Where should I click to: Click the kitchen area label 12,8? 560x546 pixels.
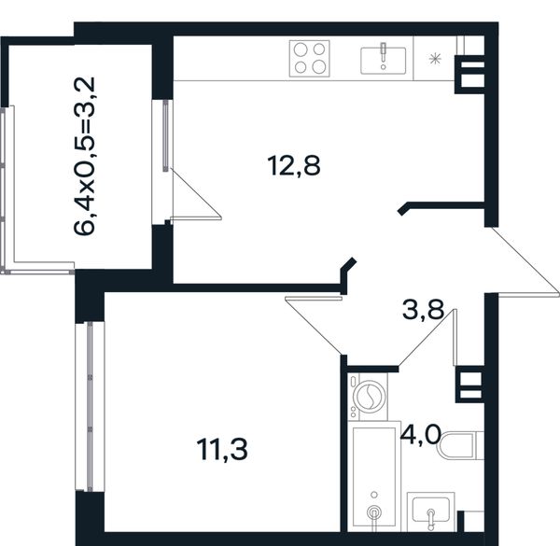294,166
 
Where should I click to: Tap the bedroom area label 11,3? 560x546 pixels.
222,450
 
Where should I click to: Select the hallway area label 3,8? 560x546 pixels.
423,310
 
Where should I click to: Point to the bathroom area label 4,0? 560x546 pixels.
419,434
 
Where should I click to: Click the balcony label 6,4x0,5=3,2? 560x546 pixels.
85,156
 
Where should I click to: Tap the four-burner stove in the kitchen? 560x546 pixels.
309,59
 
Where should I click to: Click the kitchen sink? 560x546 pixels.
384,61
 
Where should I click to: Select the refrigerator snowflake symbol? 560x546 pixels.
435,59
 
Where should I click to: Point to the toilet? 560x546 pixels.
461,444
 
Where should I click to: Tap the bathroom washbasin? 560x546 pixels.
430,511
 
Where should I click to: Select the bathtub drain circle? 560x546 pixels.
374,512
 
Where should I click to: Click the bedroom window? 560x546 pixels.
90,406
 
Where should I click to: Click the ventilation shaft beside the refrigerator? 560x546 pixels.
470,74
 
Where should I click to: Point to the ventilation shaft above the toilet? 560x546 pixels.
470,385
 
